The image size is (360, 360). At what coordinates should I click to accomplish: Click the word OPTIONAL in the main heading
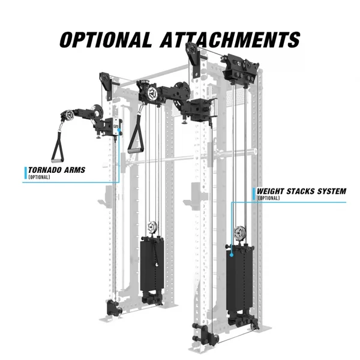[x=106, y=40]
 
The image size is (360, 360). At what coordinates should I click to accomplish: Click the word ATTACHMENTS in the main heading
[x=230, y=40]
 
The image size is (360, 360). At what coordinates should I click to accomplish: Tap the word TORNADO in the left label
[x=45, y=170]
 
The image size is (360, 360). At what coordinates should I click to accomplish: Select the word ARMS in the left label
[x=75, y=170]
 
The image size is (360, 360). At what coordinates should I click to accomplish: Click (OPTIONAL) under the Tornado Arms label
[x=39, y=177]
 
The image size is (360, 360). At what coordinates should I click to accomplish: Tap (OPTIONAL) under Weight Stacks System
[x=269, y=198]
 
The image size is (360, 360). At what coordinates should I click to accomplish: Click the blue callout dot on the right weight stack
[x=232, y=255]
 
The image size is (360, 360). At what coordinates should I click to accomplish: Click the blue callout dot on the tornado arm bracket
[x=119, y=130]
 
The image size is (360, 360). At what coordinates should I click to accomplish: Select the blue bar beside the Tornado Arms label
[x=26, y=173]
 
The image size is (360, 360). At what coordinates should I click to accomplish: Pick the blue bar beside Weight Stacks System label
[x=254, y=194]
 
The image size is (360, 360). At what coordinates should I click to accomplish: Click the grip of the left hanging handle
[x=58, y=160]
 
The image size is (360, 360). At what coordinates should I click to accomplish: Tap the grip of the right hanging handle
[x=136, y=151]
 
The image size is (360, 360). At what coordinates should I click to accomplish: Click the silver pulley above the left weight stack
[x=152, y=227]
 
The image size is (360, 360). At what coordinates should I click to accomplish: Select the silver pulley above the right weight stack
[x=239, y=233]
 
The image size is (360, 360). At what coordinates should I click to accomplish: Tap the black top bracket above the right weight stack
[x=240, y=68]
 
